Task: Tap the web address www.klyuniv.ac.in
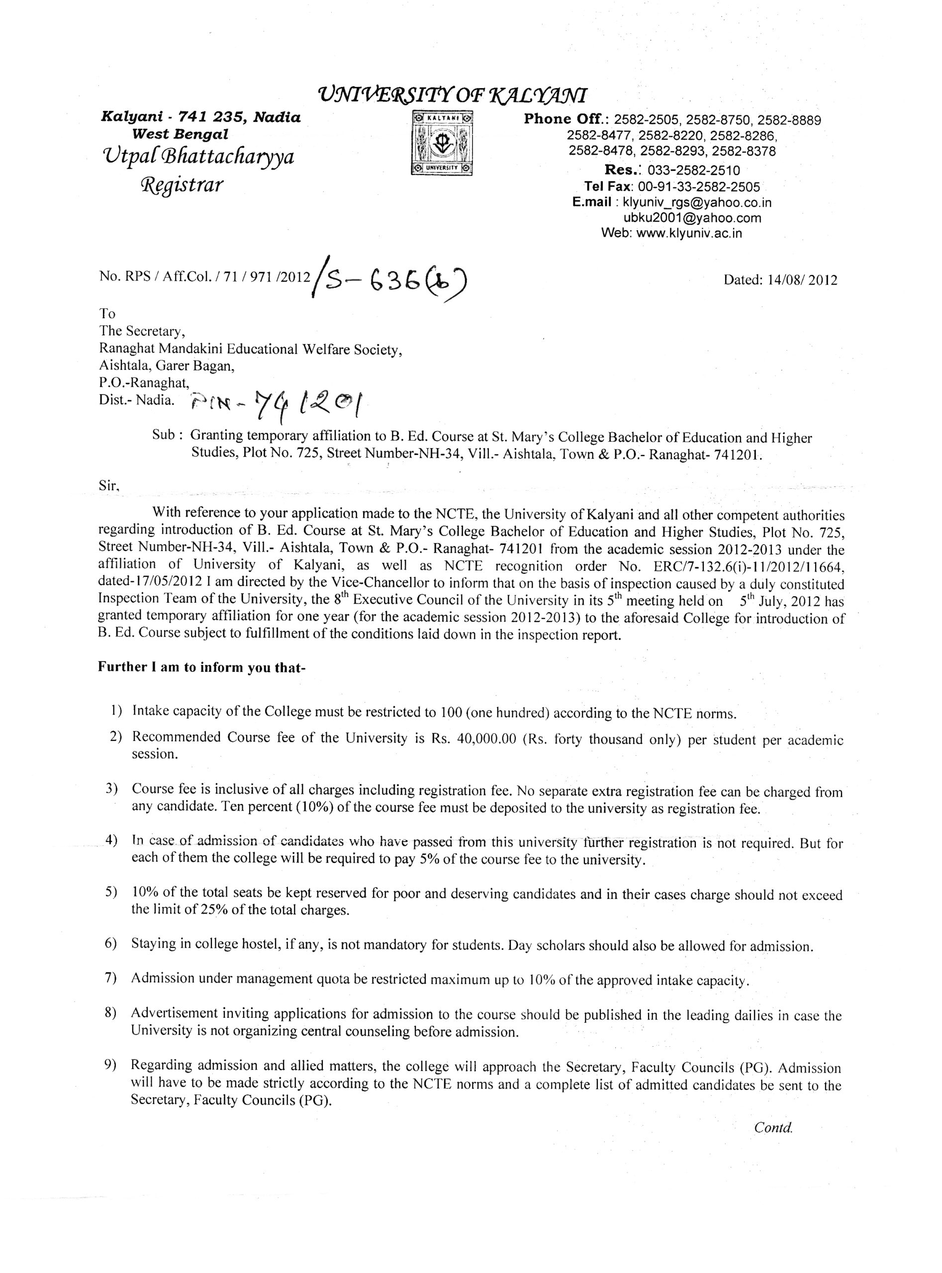(688, 233)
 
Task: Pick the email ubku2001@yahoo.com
(692, 218)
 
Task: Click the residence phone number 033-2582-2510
(693, 171)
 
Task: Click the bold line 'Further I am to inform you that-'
(202, 667)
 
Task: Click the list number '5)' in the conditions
(112, 892)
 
